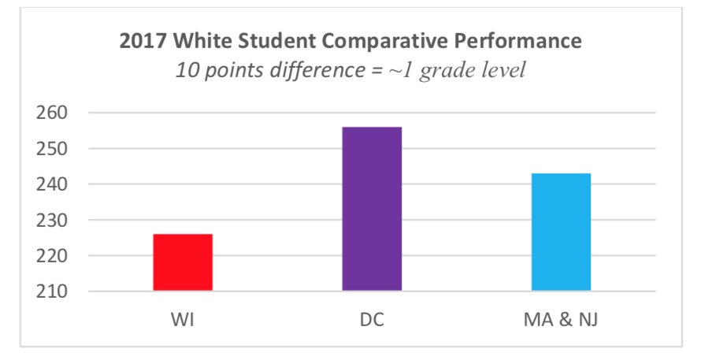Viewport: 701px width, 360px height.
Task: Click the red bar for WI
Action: (183, 262)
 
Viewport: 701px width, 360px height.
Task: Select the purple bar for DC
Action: (372, 209)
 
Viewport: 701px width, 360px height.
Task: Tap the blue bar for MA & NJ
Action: (561, 232)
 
